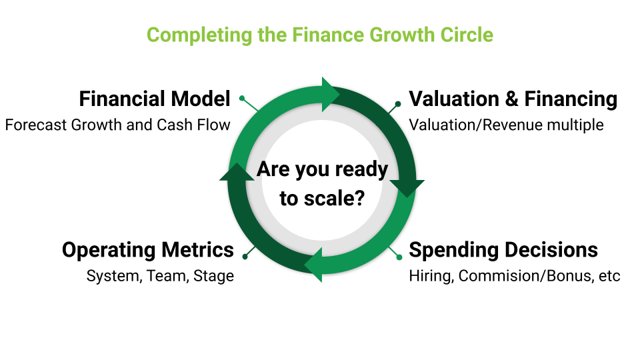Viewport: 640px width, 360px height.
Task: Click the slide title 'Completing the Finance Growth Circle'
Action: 320,35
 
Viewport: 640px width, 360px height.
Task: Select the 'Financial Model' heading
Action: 155,99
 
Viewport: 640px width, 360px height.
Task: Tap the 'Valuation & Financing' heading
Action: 513,99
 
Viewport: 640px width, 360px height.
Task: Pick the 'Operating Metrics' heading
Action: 148,250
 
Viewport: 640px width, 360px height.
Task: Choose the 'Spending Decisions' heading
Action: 503,250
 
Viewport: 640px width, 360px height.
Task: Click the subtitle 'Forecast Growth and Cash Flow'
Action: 117,125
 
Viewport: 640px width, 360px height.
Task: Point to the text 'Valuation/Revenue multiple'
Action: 506,125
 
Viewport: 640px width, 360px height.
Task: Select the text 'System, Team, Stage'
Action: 160,276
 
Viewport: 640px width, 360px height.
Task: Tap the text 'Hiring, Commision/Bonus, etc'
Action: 514,276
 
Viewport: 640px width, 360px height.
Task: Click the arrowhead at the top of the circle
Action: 330,94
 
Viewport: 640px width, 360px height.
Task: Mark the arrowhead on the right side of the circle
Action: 407,188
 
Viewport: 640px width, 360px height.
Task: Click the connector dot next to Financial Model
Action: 242,98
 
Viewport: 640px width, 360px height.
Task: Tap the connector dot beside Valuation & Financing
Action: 398,104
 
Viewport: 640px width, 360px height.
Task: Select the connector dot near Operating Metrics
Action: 245,257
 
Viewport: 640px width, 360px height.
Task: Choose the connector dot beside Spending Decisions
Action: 399,257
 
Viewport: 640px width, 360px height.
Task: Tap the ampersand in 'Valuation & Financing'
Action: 511,99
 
